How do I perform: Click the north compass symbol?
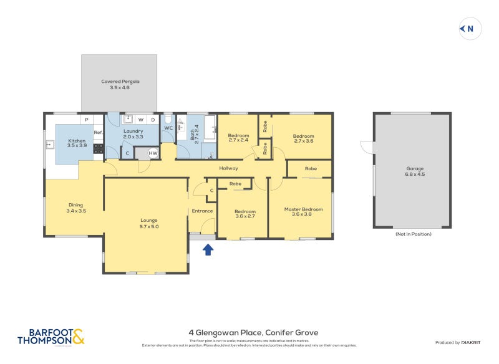point(470,29)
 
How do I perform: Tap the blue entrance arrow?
point(208,250)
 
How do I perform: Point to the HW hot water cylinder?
point(153,153)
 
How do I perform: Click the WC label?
point(168,128)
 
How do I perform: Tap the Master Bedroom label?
point(303,212)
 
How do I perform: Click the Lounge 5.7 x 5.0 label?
point(148,223)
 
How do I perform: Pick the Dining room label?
point(75,208)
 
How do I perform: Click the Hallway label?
point(228,168)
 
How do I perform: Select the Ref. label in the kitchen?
point(98,132)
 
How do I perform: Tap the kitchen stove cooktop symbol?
point(98,148)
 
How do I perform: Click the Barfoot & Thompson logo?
point(51,337)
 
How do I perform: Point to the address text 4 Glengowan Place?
point(253,333)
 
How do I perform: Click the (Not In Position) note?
point(413,234)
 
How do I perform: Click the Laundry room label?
point(133,134)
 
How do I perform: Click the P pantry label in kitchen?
point(86,119)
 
